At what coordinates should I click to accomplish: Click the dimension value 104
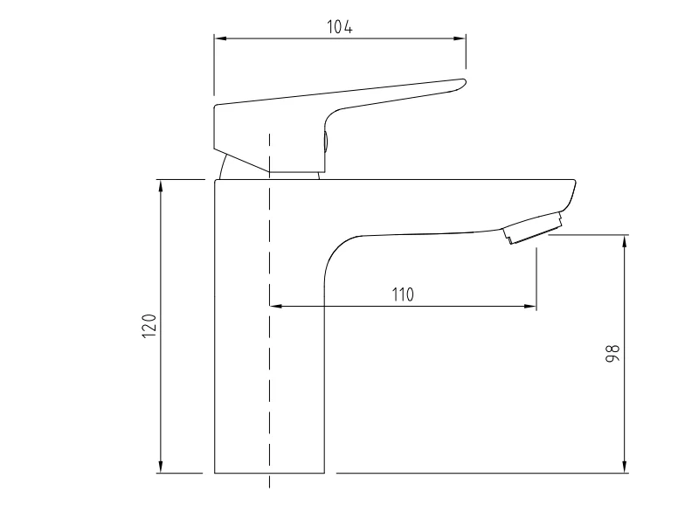[340, 26]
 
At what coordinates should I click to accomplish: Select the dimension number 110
[402, 294]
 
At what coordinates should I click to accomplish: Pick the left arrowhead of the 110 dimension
[274, 306]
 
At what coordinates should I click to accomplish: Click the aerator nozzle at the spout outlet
[531, 229]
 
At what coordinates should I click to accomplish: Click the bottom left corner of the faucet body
[215, 473]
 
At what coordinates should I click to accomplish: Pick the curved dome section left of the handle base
[224, 167]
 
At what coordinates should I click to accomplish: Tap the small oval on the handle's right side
[327, 144]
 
